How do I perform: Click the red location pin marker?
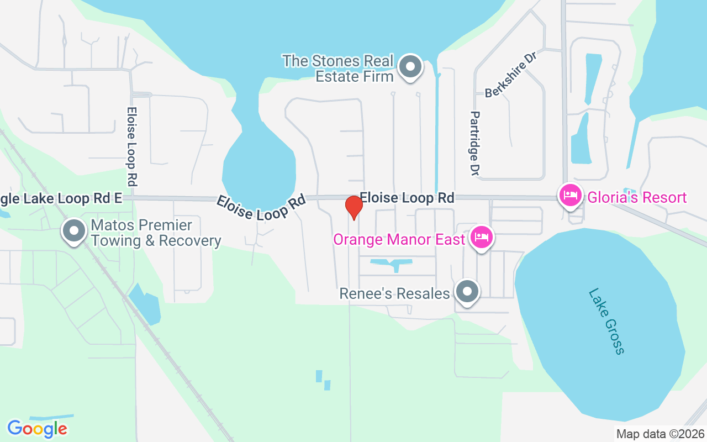(x=353, y=207)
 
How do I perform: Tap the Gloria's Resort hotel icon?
(x=570, y=195)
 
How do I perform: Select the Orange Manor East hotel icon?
(x=482, y=238)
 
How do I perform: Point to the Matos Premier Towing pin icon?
(x=73, y=231)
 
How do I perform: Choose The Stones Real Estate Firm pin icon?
(x=410, y=67)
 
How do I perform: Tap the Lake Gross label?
(x=606, y=321)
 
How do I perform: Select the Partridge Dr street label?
(x=474, y=143)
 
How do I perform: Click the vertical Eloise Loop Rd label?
(x=131, y=146)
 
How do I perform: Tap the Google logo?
(x=37, y=429)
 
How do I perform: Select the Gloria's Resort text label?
(x=637, y=198)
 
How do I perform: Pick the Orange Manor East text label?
(x=398, y=240)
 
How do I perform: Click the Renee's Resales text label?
(x=394, y=293)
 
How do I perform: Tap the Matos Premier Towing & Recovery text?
(x=156, y=233)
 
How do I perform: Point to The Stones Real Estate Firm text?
(x=338, y=69)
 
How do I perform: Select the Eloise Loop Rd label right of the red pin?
(x=407, y=198)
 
